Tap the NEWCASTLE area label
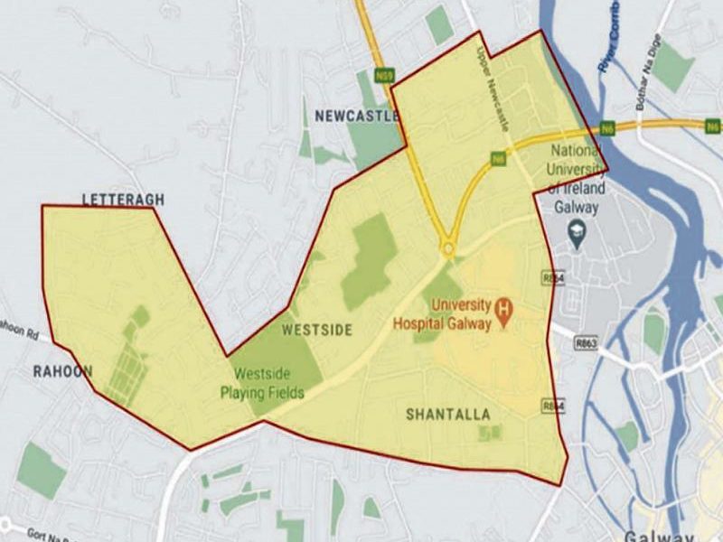356,116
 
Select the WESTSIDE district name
316,330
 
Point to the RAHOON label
62,371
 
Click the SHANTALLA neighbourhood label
448,415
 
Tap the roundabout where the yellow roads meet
447,248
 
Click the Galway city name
661,533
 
